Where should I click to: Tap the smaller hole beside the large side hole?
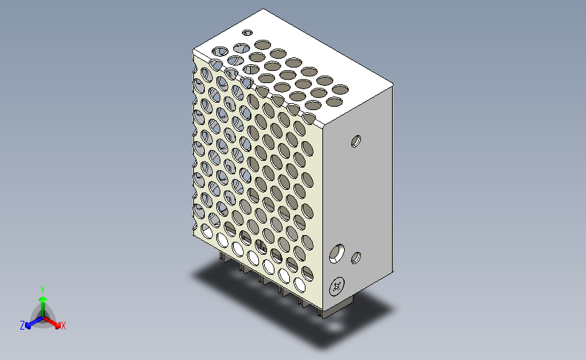point(356,257)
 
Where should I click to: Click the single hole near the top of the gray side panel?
point(356,141)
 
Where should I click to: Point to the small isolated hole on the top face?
point(247,32)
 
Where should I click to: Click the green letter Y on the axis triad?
point(42,289)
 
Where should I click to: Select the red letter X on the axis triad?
point(64,326)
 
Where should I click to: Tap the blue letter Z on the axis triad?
point(22,326)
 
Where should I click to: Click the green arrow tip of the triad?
point(42,298)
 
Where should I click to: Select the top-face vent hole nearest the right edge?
point(341,88)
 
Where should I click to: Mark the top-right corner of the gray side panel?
point(392,86)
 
